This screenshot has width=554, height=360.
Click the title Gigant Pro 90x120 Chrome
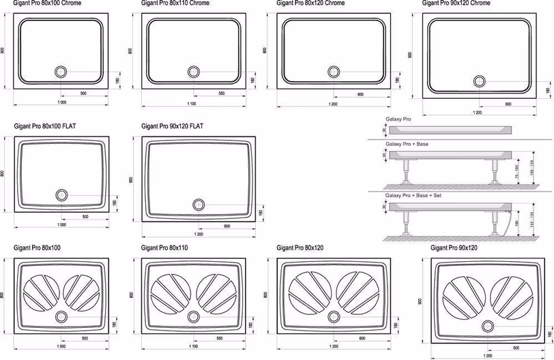point(456,3)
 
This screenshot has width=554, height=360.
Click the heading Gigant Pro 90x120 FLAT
point(172,126)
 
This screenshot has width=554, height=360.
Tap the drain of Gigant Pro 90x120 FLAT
point(199,204)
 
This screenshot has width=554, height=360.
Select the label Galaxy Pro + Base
point(407,145)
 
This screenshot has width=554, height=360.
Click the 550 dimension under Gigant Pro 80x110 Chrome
point(222,93)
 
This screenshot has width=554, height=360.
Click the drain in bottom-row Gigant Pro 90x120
point(489,325)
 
